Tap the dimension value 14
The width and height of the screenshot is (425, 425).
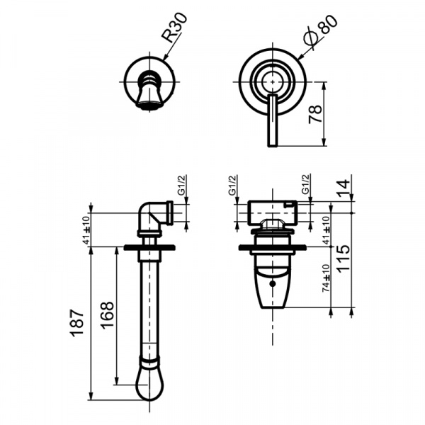pyautogui.click(x=344, y=188)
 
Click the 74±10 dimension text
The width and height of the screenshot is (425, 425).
pyautogui.click(x=326, y=278)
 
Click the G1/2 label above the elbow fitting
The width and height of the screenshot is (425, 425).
pyautogui.click(x=181, y=187)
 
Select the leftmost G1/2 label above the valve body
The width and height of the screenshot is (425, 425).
pyautogui.click(x=232, y=186)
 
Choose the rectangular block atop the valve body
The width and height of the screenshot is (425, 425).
pyautogui.click(x=272, y=210)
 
